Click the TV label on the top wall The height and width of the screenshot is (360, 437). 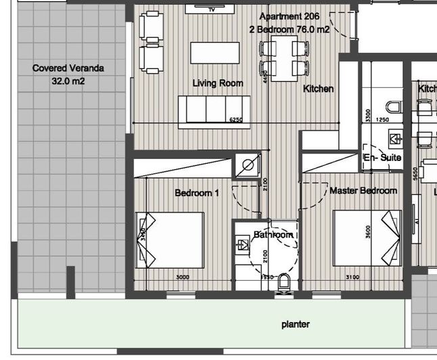point(212,9)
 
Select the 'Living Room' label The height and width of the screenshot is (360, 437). point(218,83)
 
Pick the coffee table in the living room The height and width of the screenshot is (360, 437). point(215,53)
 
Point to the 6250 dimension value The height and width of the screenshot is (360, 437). point(235,120)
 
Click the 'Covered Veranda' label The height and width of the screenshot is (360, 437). point(68,69)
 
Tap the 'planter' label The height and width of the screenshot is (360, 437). point(295,325)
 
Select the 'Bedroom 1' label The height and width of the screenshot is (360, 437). point(197,193)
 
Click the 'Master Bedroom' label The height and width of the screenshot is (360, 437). point(363,191)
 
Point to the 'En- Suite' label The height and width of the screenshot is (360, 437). point(382,158)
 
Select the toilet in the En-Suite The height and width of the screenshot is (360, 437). point(394,106)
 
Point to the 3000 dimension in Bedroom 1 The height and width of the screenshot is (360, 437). point(182,277)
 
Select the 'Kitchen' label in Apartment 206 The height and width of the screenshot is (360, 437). point(318,89)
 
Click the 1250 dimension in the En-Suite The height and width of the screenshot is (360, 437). point(384,120)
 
